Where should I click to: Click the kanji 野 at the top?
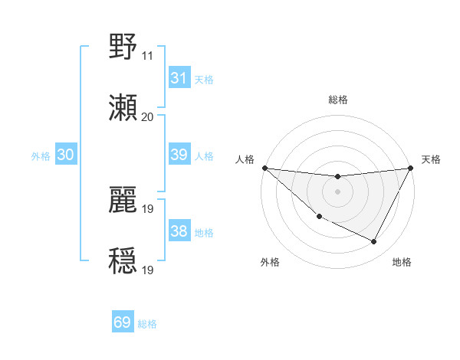point(123,47)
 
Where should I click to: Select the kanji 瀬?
point(123,108)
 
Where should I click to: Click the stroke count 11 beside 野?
point(147,56)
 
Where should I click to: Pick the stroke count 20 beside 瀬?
point(147,116)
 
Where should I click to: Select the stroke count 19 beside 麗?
point(147,208)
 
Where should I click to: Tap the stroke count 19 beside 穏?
point(147,270)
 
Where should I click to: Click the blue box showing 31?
point(179,78)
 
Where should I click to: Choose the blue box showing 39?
point(179,155)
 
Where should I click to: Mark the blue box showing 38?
point(179,231)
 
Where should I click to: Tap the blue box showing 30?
point(65,155)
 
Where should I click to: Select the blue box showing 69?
point(123,322)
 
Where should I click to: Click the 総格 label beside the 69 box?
point(148,324)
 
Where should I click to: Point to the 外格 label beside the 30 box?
point(41,155)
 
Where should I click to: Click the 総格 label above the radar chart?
point(337,100)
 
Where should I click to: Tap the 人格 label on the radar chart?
point(245,159)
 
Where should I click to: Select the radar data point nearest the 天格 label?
point(410,168)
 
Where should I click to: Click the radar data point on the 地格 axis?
point(374,242)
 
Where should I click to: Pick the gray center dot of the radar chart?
point(337,191)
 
